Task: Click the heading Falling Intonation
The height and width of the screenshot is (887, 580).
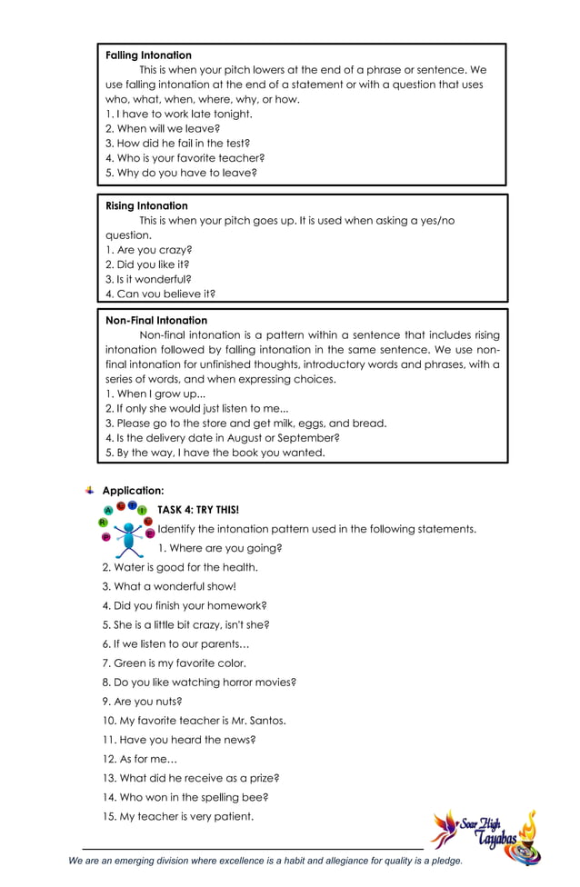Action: click(148, 55)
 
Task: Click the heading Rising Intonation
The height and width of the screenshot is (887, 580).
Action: click(146, 206)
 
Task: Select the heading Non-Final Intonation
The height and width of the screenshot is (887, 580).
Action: click(156, 321)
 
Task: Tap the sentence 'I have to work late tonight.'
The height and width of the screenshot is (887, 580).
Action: click(179, 115)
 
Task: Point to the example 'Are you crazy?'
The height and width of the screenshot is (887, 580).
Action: click(149, 250)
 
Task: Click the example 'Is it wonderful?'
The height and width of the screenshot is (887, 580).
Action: click(148, 279)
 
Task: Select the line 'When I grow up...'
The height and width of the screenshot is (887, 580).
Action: click(155, 394)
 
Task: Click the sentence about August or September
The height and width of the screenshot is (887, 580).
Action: click(223, 437)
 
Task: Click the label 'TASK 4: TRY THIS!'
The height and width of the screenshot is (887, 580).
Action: click(198, 510)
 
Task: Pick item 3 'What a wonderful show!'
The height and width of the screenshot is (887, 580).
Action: click(169, 586)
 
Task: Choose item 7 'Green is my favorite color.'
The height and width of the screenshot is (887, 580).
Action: click(174, 663)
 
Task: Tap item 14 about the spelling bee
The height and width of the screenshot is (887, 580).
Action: click(185, 797)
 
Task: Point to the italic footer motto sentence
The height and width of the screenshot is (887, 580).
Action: click(265, 861)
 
